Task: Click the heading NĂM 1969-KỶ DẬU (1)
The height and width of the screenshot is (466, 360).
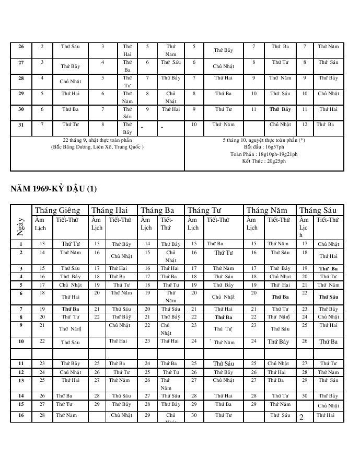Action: coord(54,188)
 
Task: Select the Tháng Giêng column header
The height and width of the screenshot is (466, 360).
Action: coord(57,210)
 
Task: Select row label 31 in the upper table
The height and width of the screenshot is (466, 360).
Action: coord(21,124)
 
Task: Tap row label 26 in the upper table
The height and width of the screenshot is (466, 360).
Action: coord(21,47)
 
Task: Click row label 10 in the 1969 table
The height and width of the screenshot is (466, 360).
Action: coord(21,342)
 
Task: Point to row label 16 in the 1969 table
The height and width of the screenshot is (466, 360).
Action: coord(21,415)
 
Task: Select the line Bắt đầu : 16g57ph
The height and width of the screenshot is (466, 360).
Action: coord(264,147)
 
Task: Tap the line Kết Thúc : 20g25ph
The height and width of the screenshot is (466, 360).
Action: coord(264,161)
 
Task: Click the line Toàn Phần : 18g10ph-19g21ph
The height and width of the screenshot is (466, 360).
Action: coord(264,154)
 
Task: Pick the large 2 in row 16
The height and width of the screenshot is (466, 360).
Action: coord(301,417)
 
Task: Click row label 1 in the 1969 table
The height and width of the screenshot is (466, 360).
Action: coord(21,244)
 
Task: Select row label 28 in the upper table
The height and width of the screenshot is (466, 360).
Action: coord(21,78)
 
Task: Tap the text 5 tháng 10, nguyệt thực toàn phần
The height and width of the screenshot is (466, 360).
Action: coord(264,141)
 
